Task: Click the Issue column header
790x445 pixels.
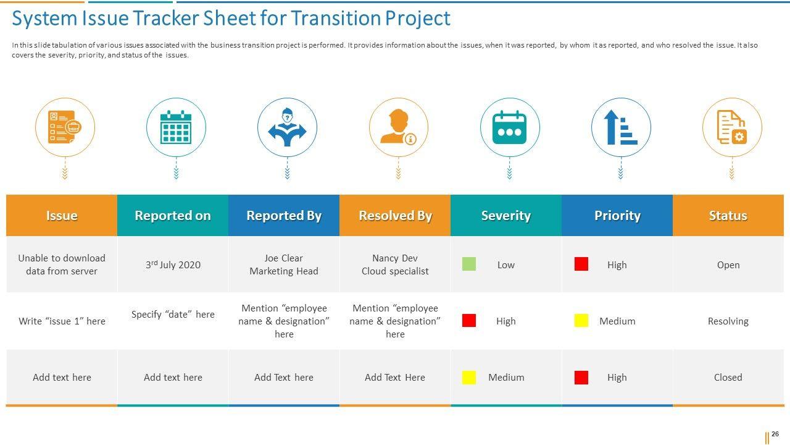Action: pos(62,216)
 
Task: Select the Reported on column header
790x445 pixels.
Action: pos(173,216)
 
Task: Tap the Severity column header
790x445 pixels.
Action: pos(506,216)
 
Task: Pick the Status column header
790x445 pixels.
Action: pos(728,216)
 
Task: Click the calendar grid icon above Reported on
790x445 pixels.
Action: pos(176,128)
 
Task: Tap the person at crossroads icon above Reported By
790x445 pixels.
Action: pos(287,128)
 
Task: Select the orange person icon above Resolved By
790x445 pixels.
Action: pos(398,128)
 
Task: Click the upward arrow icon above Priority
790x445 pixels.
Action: pos(620,128)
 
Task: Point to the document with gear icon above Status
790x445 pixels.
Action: pos(732,128)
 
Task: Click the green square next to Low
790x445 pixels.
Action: pos(469,265)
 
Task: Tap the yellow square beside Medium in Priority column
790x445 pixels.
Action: pos(581,321)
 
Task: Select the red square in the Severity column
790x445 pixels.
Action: pos(469,321)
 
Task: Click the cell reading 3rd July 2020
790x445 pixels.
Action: pos(173,265)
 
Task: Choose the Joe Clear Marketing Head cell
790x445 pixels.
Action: pos(284,265)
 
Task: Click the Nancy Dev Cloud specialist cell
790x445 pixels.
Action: pos(395,265)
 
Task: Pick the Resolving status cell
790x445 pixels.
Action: pos(728,321)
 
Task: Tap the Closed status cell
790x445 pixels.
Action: pos(728,378)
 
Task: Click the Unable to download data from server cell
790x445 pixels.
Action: pos(62,265)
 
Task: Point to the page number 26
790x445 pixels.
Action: pos(775,434)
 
